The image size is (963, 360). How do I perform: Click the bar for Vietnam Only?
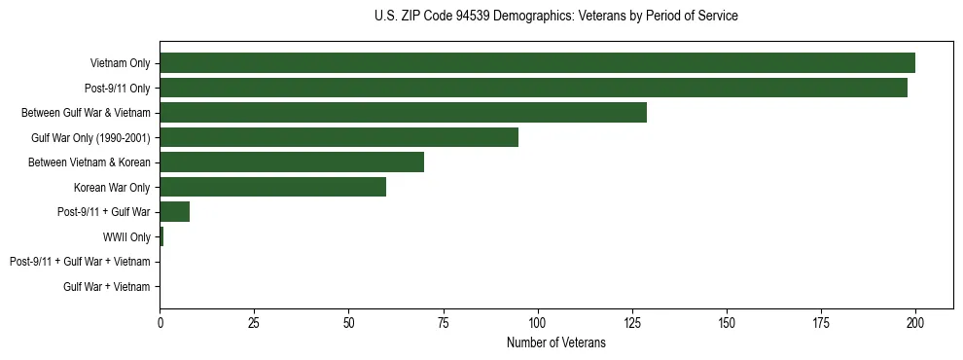coord(537,63)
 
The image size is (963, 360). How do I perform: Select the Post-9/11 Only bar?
coord(533,88)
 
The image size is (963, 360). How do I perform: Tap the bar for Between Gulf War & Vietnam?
coord(403,113)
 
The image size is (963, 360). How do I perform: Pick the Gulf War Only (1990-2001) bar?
coord(339,137)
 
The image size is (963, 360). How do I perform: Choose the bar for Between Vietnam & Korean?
coord(292,162)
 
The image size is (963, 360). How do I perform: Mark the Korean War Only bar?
coord(272,187)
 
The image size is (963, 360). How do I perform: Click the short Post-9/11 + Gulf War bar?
coord(174,212)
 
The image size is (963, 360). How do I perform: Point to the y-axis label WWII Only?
coord(126,237)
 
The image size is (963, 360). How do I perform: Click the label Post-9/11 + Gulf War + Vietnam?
coord(80,262)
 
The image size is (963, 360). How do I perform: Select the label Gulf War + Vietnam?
coord(107,287)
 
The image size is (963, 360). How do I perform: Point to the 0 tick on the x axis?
coord(160,322)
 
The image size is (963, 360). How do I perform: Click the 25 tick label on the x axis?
coord(254,322)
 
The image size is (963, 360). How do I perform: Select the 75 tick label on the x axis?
coord(443,322)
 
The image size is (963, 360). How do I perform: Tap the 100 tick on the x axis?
coord(537,322)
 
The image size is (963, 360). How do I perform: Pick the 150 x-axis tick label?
coord(726,322)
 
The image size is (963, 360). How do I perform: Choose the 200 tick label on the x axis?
coord(914,322)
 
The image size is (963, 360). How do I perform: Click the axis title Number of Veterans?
coord(555,342)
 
